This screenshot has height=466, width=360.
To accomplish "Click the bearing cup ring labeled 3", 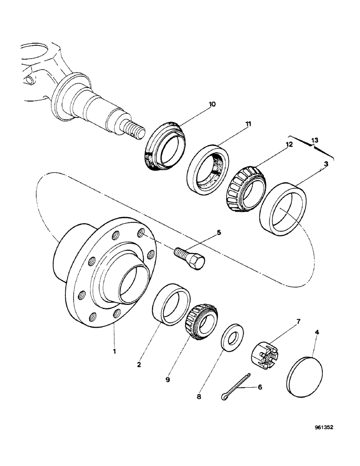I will tap(279, 208).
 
